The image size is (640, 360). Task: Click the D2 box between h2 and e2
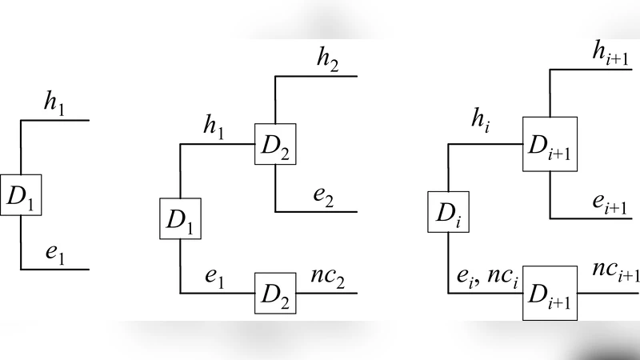[x=275, y=144]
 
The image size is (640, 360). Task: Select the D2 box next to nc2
[x=275, y=293]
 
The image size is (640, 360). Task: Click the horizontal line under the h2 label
[x=320, y=76]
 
